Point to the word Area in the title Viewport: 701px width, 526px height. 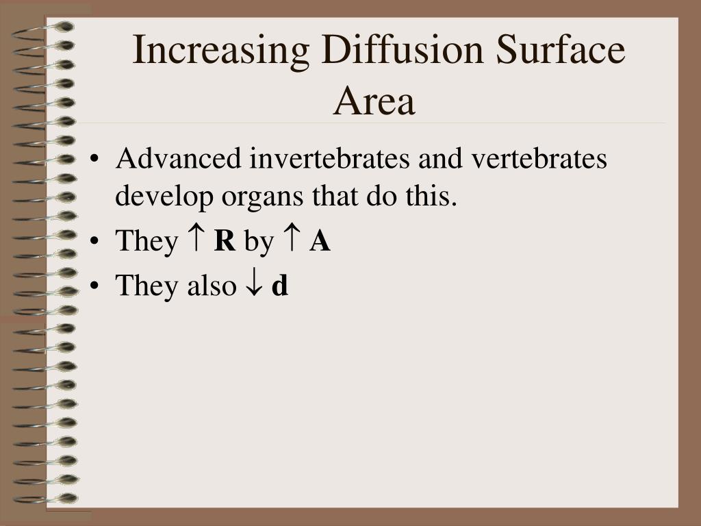(374, 101)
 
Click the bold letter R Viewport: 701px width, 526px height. (225, 241)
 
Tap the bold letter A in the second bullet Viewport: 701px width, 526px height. (320, 241)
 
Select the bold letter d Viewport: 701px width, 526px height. (280, 285)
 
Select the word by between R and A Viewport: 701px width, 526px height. (258, 242)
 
